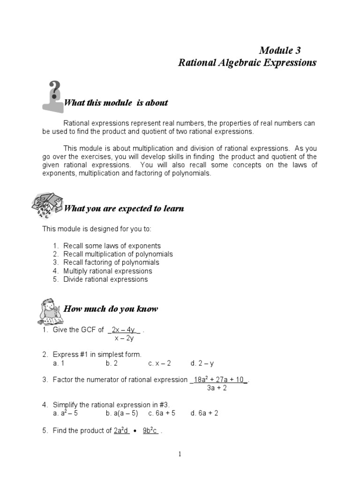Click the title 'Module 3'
tap(280, 50)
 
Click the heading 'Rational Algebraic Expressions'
tap(247, 63)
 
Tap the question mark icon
tap(53, 96)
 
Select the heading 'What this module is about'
tap(115, 103)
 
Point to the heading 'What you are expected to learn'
tap(123, 209)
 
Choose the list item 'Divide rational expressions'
tap(105, 279)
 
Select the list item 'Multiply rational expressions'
tap(108, 271)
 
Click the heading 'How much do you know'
tap(111, 309)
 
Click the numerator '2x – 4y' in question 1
tap(124, 330)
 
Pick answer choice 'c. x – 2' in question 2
tap(159, 363)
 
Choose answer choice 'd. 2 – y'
tap(202, 363)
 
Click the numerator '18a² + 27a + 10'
tap(218, 380)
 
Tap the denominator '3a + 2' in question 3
tap(217, 388)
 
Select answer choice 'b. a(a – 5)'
tap(122, 413)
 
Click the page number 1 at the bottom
tap(180, 454)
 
